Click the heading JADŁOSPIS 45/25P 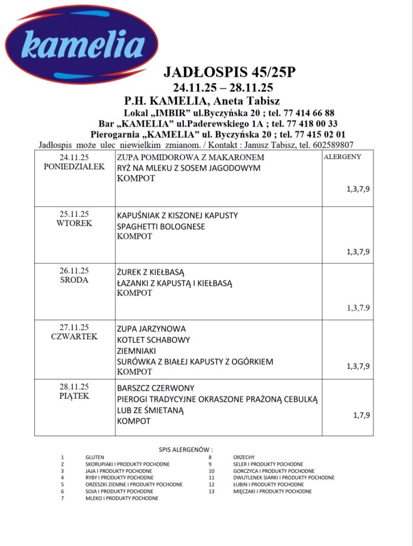coord(230,73)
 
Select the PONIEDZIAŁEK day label coord(74,167)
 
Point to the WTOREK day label coord(74,223)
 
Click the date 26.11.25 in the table coord(74,271)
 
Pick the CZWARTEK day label coord(74,337)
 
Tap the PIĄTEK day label coord(74,396)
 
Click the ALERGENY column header coord(343,157)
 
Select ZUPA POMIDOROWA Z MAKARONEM coord(182,158)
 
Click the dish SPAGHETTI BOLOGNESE coord(161,226)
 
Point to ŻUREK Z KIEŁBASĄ coord(151,272)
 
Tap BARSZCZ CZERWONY coord(156,388)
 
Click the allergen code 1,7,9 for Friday coord(361,415)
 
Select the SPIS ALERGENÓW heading coord(186,449)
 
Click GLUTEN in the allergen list coord(94,457)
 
